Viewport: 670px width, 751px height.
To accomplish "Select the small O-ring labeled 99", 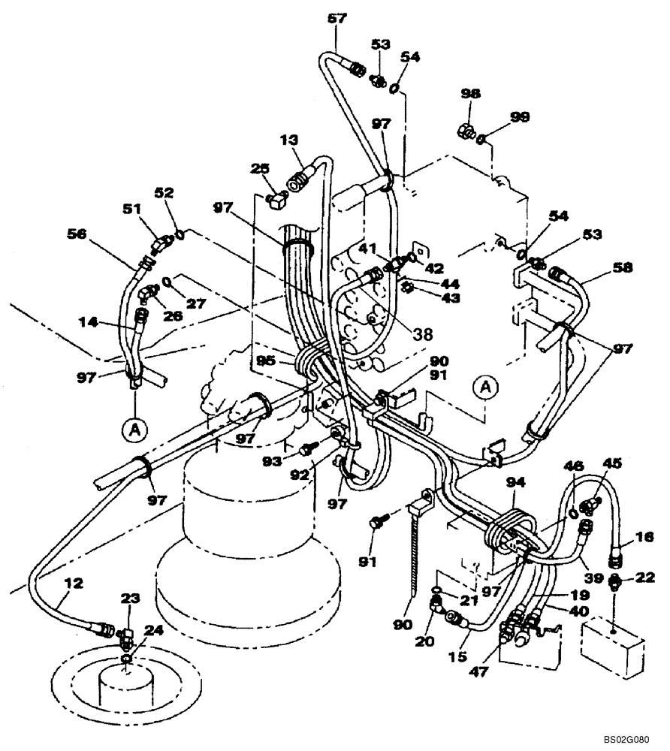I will [x=481, y=137].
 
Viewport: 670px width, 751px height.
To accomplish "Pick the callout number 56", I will [x=98, y=234].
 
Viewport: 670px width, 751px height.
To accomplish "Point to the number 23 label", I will [x=131, y=599].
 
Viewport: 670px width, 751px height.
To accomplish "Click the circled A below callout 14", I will [x=133, y=430].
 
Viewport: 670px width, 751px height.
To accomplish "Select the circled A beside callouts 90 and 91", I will [x=486, y=388].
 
